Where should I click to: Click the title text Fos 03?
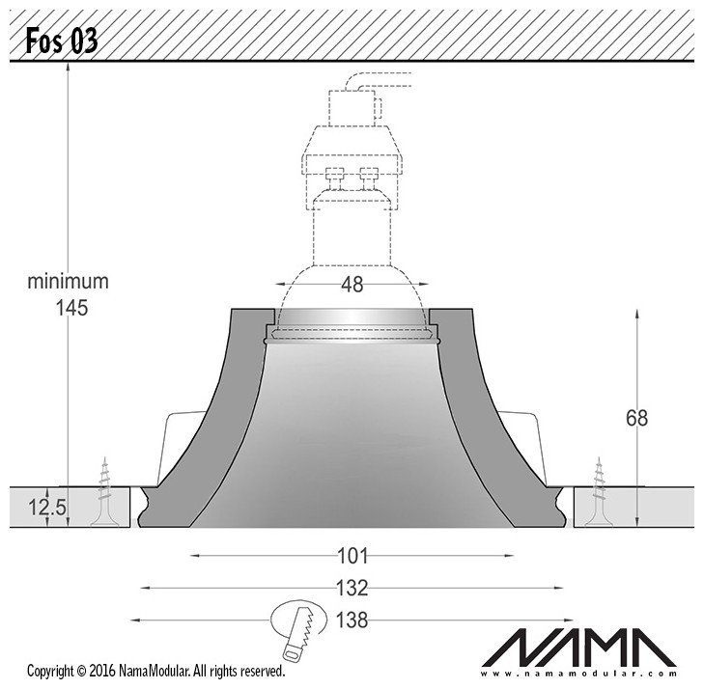pyautogui.click(x=62, y=41)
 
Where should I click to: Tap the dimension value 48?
pyautogui.click(x=352, y=285)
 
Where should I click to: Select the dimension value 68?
pyautogui.click(x=636, y=418)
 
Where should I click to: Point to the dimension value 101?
pyautogui.click(x=352, y=556)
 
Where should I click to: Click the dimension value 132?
pyautogui.click(x=352, y=588)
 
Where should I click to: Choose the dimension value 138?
pyautogui.click(x=352, y=620)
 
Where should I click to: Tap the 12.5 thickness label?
pyautogui.click(x=47, y=508)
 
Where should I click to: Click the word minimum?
pyautogui.click(x=69, y=282)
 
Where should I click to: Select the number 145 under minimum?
pyautogui.click(x=71, y=308)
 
